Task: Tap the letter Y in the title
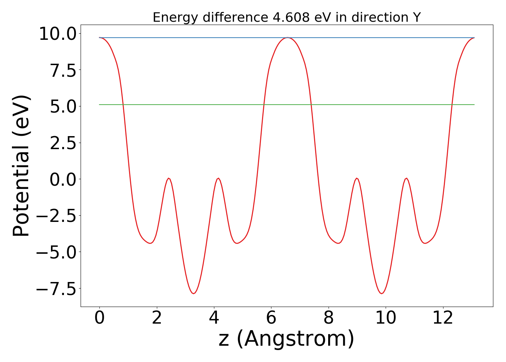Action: click(x=417, y=17)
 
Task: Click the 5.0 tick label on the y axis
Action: click(x=63, y=107)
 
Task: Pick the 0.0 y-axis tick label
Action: click(x=63, y=180)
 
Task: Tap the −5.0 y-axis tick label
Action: click(x=58, y=252)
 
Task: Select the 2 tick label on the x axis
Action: click(x=156, y=318)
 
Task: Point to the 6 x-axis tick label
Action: click(x=271, y=318)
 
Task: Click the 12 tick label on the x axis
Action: click(x=443, y=318)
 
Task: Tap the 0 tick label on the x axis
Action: click(x=99, y=318)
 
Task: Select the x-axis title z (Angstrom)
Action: click(x=286, y=339)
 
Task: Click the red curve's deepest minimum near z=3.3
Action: click(x=194, y=293)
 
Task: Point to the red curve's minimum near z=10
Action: click(x=381, y=293)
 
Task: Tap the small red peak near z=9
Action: click(x=357, y=178)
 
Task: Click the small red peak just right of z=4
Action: click(x=218, y=178)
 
